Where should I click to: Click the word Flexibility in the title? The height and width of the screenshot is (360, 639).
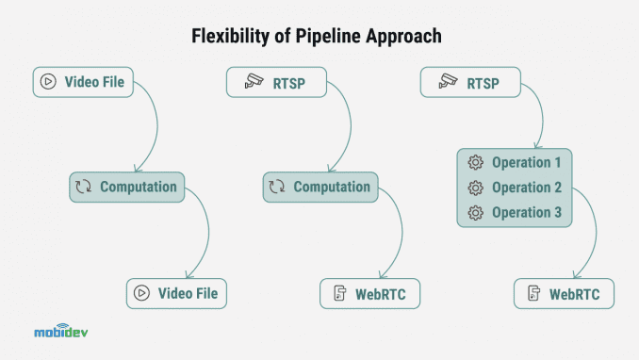(x=223, y=37)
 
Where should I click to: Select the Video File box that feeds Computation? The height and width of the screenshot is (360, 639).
(x=83, y=81)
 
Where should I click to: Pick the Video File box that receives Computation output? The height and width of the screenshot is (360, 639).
(x=177, y=293)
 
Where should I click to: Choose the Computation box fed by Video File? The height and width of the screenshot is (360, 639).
(x=127, y=187)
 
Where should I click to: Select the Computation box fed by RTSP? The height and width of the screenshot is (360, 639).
(x=319, y=187)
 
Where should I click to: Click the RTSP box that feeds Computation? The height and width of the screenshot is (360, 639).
(x=276, y=81)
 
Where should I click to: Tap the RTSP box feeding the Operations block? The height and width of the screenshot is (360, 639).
(x=469, y=81)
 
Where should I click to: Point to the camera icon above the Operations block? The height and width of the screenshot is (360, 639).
(x=449, y=82)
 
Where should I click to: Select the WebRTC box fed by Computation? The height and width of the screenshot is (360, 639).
(x=369, y=293)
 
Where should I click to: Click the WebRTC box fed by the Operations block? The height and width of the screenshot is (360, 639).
(x=564, y=293)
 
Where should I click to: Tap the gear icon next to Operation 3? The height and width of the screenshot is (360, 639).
(x=476, y=212)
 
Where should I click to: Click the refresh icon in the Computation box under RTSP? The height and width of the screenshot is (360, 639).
(x=277, y=187)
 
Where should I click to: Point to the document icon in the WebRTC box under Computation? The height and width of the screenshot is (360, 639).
(x=337, y=293)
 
